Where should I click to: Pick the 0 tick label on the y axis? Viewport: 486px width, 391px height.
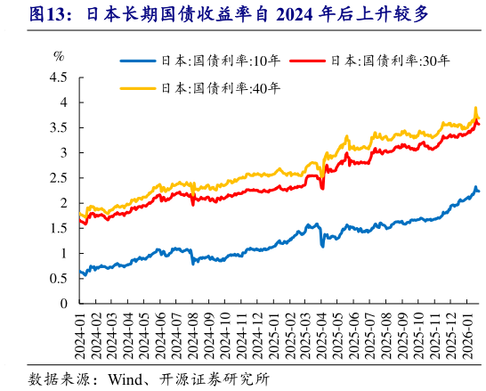coord(63,304)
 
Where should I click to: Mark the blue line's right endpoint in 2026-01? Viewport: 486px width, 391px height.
coord(479,191)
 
